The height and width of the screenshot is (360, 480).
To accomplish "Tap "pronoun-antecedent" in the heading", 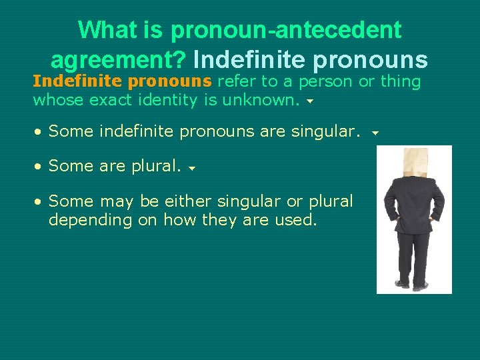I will coord(286,30).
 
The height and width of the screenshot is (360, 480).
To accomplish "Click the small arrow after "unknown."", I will coord(309,103).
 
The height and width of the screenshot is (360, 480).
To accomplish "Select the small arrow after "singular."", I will coord(375,133).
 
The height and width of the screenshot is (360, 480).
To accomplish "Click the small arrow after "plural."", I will coord(191,169).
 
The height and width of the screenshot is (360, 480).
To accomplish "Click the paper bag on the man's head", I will coord(414,163).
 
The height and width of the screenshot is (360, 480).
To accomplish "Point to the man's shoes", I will coord(411,285).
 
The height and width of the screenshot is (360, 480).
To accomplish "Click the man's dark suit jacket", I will coord(413,207).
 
